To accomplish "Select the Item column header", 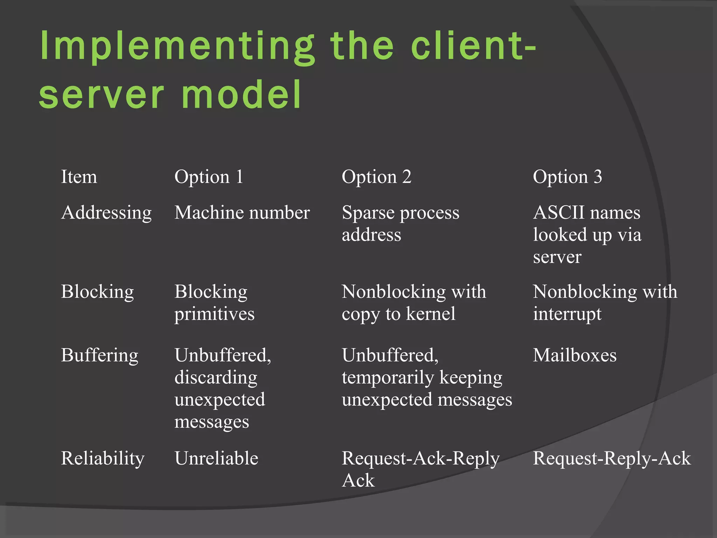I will [79, 177].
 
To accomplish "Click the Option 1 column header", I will [209, 177].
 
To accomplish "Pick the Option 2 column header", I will [376, 177].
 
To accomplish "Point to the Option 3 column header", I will [567, 177].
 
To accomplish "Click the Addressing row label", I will [106, 213].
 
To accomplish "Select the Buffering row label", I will [99, 356].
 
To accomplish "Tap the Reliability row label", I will [102, 458].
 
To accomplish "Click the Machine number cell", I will [242, 213].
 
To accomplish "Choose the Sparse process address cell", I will [400, 223].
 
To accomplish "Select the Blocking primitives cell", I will [214, 303].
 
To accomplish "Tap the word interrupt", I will [567, 314].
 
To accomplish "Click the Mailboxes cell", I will [575, 356].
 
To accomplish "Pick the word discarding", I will [216, 378].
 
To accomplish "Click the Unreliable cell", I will [216, 458].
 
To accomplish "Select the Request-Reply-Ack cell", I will [611, 458].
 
